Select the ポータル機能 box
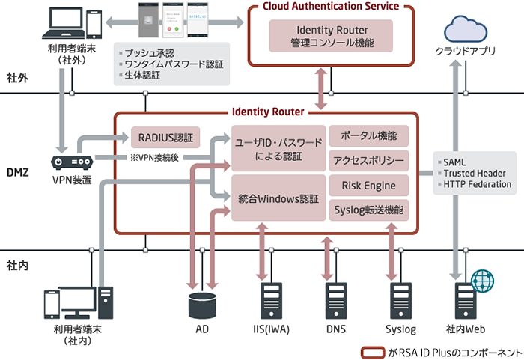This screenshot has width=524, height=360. tap(368, 135)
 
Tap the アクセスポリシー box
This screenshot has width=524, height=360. tap(368, 160)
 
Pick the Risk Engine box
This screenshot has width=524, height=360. tap(368, 185)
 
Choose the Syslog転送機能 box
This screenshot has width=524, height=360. tap(368, 210)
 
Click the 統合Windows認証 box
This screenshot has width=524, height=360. tap(278, 201)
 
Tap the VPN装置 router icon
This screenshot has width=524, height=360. tap(71, 161)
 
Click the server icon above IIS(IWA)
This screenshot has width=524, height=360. tap(270, 302)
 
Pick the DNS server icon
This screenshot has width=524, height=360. tap(335, 302)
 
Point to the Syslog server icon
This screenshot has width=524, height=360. tap(400, 302)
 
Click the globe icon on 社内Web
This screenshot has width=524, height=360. tap(482, 281)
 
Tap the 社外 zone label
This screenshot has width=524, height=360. tap(17, 78)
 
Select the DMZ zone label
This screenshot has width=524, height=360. tap(18, 172)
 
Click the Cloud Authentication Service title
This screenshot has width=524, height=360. tap(331, 7)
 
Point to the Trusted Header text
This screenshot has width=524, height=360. tap(477, 174)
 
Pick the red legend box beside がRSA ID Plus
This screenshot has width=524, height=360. tap(373, 351)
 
